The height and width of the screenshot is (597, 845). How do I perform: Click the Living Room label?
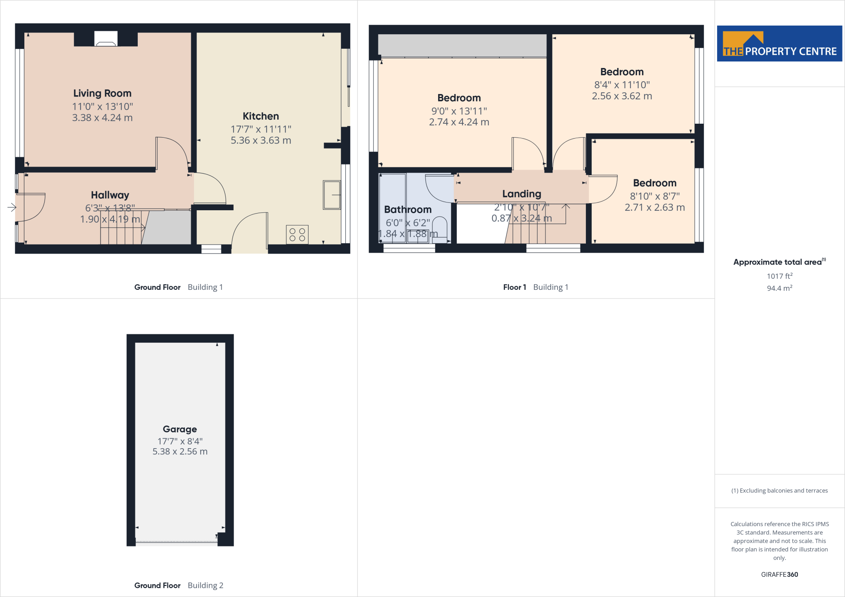(102, 94)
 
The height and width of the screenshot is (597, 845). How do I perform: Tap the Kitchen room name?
(260, 116)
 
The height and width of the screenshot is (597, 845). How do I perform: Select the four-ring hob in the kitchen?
(297, 235)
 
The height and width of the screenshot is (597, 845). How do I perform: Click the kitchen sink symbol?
(332, 195)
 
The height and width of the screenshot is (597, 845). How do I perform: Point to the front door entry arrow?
(12, 207)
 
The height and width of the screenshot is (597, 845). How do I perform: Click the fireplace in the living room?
(106, 39)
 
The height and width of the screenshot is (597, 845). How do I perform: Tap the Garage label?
(179, 429)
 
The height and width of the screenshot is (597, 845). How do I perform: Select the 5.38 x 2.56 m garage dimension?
(180, 451)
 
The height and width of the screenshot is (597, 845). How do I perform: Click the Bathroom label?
(408, 209)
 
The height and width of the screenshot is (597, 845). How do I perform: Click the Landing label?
(522, 194)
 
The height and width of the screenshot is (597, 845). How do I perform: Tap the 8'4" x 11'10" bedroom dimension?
(622, 85)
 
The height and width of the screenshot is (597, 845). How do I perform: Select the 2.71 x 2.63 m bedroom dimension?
(654, 207)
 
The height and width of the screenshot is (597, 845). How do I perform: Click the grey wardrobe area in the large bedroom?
(462, 45)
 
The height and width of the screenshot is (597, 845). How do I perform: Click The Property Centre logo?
(779, 44)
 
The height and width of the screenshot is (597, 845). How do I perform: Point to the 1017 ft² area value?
(779, 276)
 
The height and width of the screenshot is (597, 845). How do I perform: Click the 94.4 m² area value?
(779, 288)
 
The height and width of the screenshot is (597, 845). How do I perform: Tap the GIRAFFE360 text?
(779, 574)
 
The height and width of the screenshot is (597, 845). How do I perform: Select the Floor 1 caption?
(514, 287)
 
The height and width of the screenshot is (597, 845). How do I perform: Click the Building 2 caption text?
(205, 585)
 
